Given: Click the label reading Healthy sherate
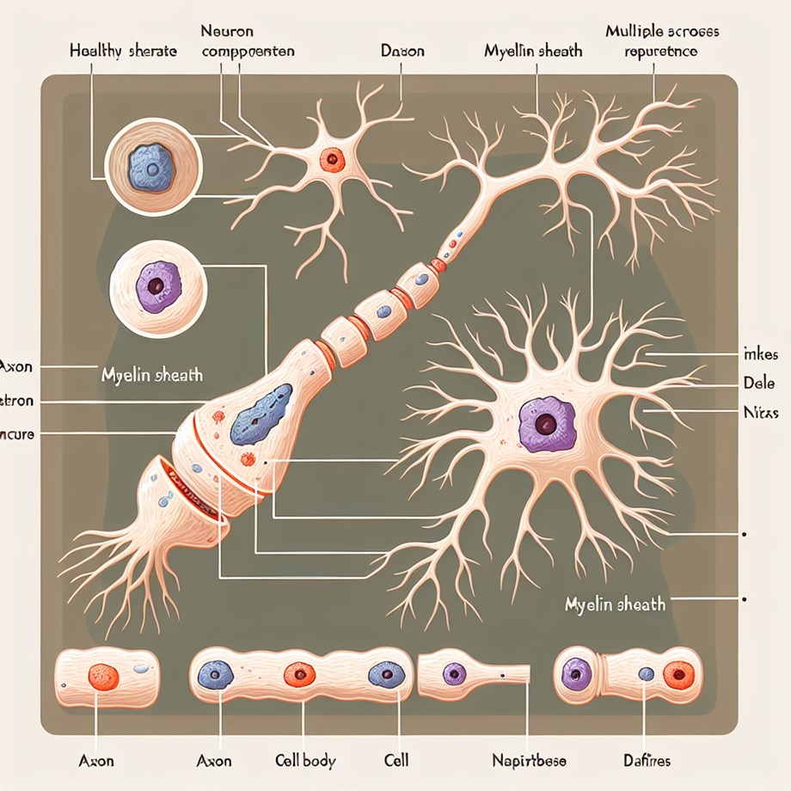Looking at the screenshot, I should [123, 52].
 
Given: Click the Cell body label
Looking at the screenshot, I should [305, 761].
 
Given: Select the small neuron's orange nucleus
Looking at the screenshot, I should [331, 158].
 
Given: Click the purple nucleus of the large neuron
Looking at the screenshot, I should [543, 424].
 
